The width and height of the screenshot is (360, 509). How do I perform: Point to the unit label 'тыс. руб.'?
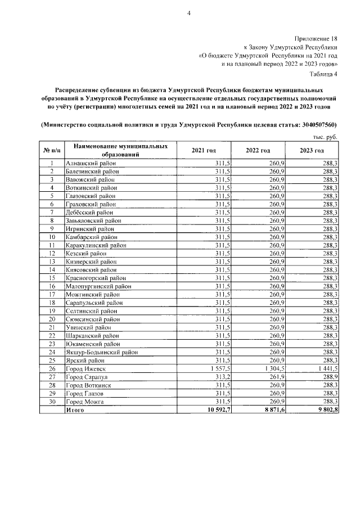(325, 137)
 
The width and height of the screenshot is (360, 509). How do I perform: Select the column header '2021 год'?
(204, 151)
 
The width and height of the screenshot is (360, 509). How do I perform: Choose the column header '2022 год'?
(258, 151)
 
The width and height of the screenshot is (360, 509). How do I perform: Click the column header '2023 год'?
(312, 151)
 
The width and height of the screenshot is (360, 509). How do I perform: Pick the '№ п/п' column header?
(51, 151)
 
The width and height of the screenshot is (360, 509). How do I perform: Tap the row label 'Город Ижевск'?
(85, 368)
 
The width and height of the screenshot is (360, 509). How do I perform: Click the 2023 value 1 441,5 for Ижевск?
(327, 368)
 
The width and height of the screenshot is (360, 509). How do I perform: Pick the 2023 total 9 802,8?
(326, 411)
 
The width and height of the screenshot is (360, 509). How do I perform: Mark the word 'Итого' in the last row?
(75, 411)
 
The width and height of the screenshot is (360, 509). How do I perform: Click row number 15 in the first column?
(51, 278)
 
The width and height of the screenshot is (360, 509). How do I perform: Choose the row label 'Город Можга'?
(84, 402)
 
